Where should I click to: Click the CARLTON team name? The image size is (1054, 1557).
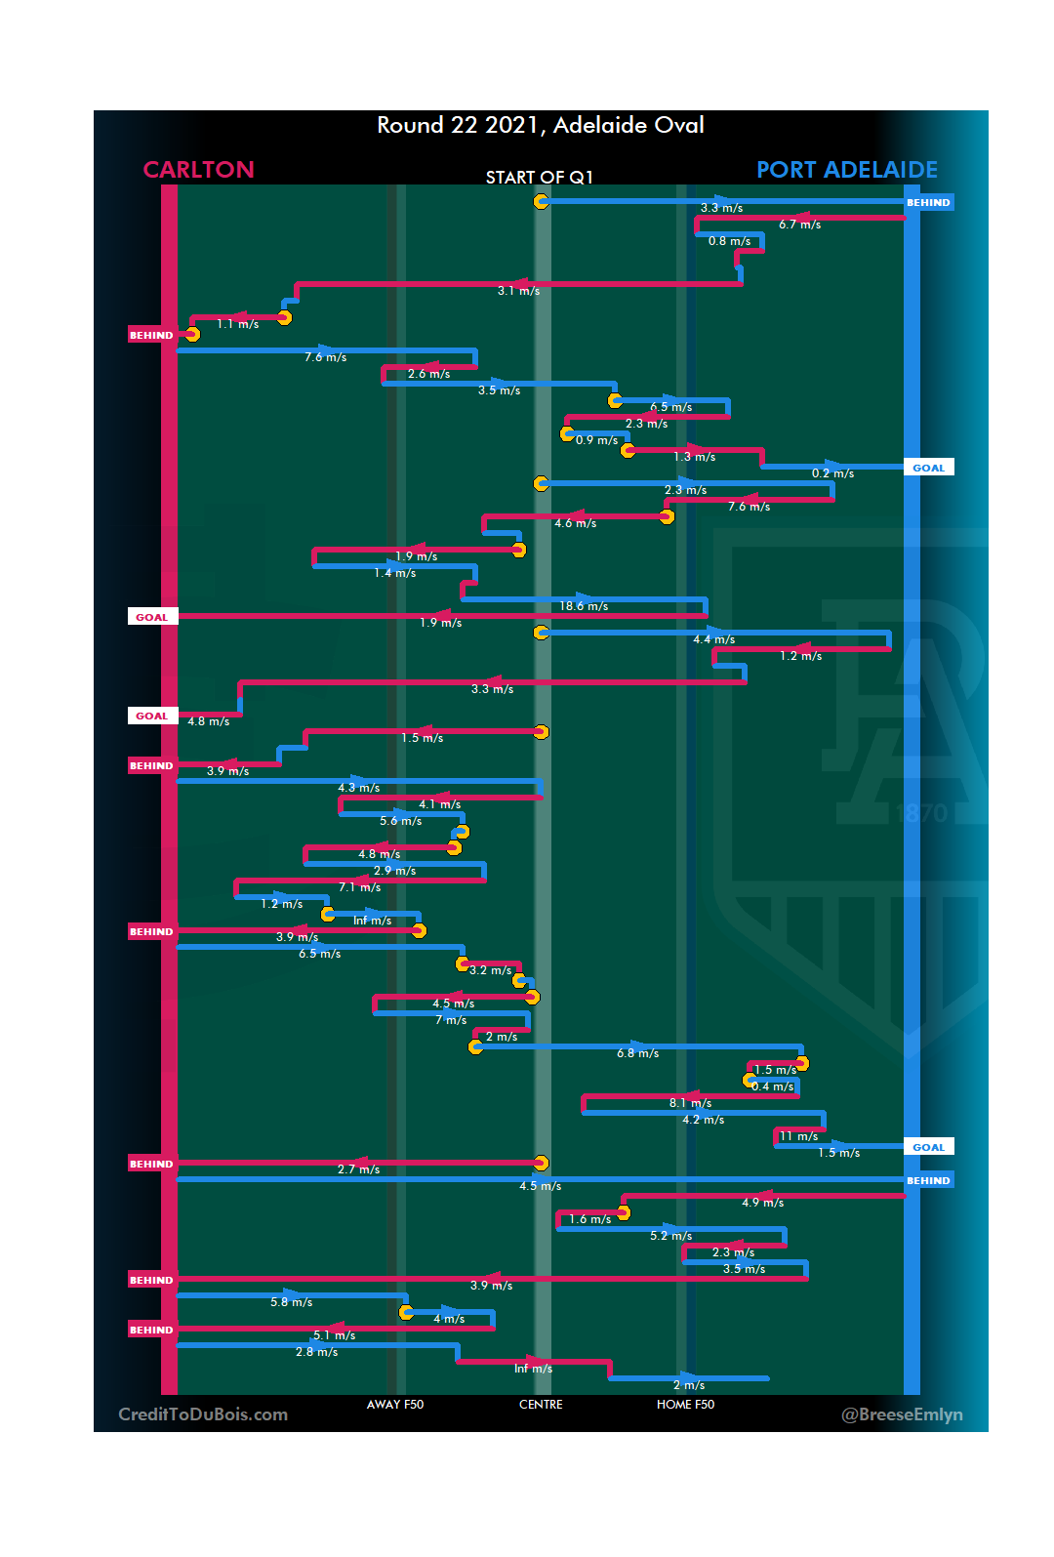198,170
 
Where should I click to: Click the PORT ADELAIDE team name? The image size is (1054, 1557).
846,170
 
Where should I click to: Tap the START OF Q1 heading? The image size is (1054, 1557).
539,177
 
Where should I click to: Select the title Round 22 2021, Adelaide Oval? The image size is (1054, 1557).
540,125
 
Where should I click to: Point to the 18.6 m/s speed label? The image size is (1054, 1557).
584,606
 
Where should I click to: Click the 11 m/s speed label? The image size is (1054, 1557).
798,1136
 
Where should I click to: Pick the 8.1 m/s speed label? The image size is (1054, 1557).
690,1103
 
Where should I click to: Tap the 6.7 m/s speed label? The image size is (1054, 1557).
799,225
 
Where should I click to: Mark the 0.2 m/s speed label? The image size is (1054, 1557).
832,473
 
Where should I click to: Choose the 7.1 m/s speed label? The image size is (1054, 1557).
359,887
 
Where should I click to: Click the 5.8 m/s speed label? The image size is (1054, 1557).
291,1302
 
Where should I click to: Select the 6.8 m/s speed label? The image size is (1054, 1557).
637,1053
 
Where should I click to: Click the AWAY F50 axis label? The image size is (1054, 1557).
395,1405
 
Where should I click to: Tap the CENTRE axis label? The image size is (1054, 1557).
541,1405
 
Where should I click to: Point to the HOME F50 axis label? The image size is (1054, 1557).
685,1405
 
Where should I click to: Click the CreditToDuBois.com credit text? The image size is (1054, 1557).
203,1414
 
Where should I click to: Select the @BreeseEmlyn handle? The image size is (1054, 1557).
902,1414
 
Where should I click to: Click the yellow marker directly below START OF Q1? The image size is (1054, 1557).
541,201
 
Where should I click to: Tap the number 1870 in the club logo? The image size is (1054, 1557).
921,813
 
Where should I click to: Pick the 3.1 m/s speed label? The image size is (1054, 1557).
518,291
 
